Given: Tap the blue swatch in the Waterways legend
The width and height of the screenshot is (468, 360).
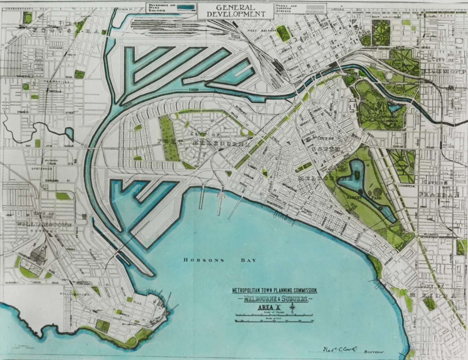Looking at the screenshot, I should [187, 7].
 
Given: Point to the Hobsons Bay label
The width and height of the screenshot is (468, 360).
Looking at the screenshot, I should [220, 260].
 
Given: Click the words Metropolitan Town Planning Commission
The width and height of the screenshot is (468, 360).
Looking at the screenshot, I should [275, 291].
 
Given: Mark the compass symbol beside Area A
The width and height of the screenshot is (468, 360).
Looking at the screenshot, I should [294, 308].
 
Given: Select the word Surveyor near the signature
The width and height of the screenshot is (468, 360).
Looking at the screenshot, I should [374, 351].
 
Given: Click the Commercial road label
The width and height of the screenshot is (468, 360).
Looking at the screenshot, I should [406, 186].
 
